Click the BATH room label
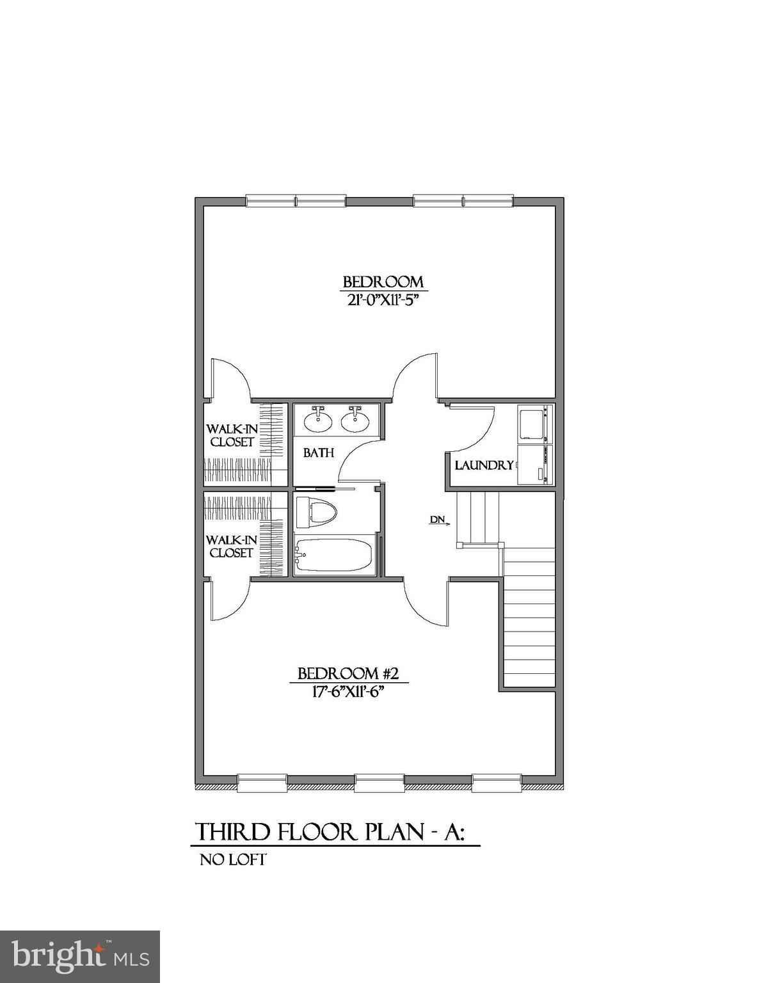319,453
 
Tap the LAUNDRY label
484,465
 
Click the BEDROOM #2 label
349,673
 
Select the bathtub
333,554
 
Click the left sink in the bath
317,420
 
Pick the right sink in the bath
355,420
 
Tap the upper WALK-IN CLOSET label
232,435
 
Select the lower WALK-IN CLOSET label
232,547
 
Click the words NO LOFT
233,859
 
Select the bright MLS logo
80,956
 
